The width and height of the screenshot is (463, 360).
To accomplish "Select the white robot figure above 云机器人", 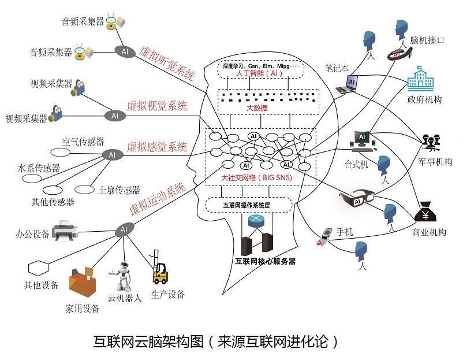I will [x=122, y=277].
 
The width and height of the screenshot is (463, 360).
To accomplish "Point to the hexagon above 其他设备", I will [x=38, y=268].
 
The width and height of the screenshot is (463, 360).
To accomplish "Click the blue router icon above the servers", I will [x=255, y=221].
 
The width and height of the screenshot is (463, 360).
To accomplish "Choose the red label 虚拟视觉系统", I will [x=157, y=106].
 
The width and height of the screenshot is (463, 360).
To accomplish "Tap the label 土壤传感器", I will [x=120, y=190].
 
